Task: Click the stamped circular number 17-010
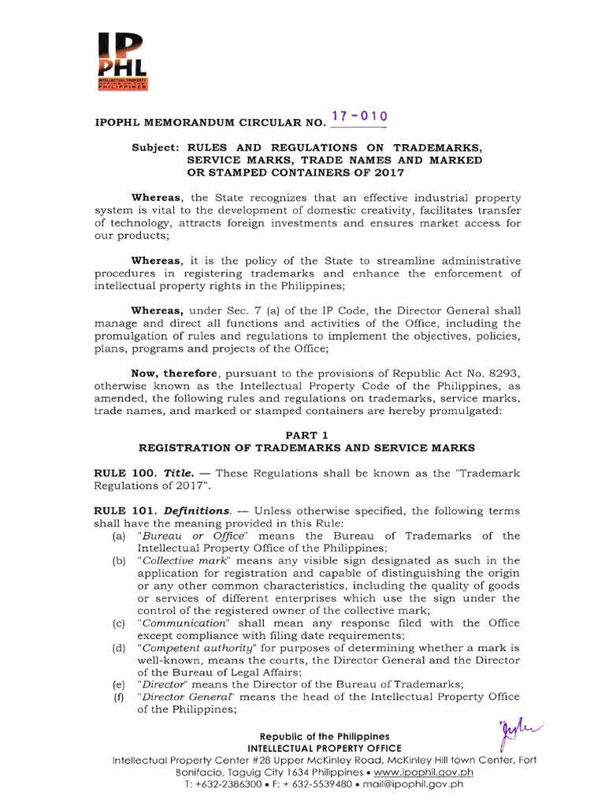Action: (358, 117)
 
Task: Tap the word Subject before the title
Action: (156, 147)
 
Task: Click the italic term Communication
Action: (180, 623)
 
